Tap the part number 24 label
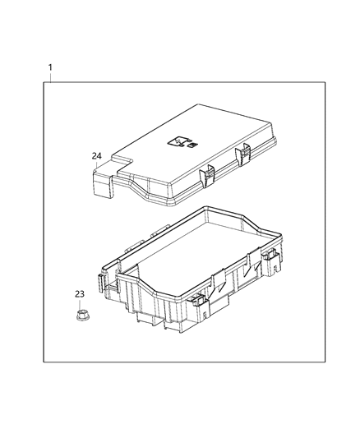(x=97, y=154)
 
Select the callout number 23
(x=81, y=293)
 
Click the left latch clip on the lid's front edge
(x=208, y=173)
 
